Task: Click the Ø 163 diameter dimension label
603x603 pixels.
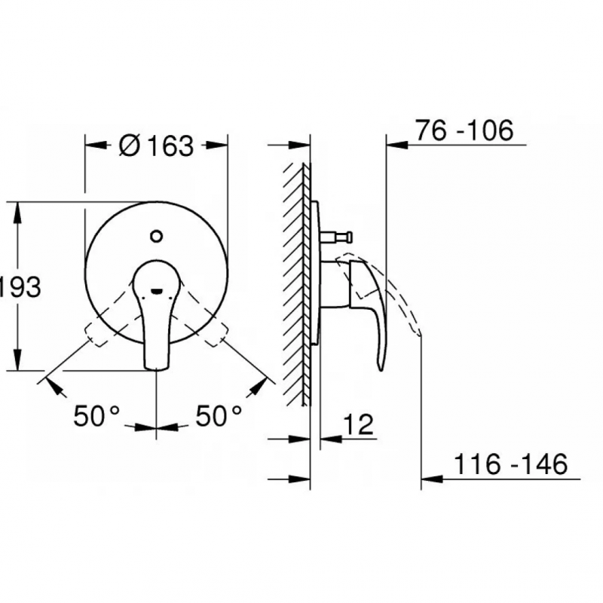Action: (x=156, y=146)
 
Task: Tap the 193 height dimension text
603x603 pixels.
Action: (x=20, y=286)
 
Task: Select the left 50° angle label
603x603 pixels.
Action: (x=96, y=416)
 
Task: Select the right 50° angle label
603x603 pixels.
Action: (x=219, y=416)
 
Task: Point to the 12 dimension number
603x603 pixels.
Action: (x=358, y=424)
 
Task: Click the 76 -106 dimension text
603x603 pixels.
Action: (x=464, y=130)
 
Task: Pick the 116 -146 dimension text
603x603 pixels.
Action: (x=511, y=464)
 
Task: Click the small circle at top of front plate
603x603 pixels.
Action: (x=157, y=236)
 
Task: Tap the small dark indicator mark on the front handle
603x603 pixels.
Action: (x=157, y=291)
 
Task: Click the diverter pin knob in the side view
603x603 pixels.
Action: (x=348, y=237)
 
